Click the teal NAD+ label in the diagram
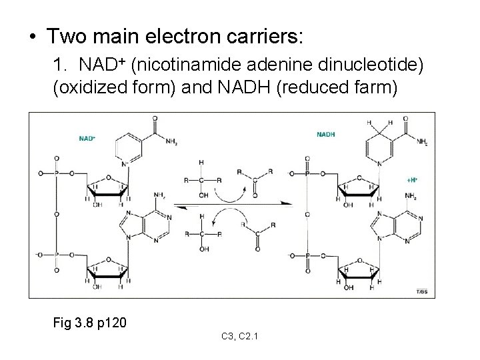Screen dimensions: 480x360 (x=87, y=139)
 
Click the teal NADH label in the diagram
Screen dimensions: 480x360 (x=326, y=134)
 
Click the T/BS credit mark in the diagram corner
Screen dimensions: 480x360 (x=422, y=292)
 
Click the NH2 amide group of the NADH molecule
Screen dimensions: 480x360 (x=421, y=142)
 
